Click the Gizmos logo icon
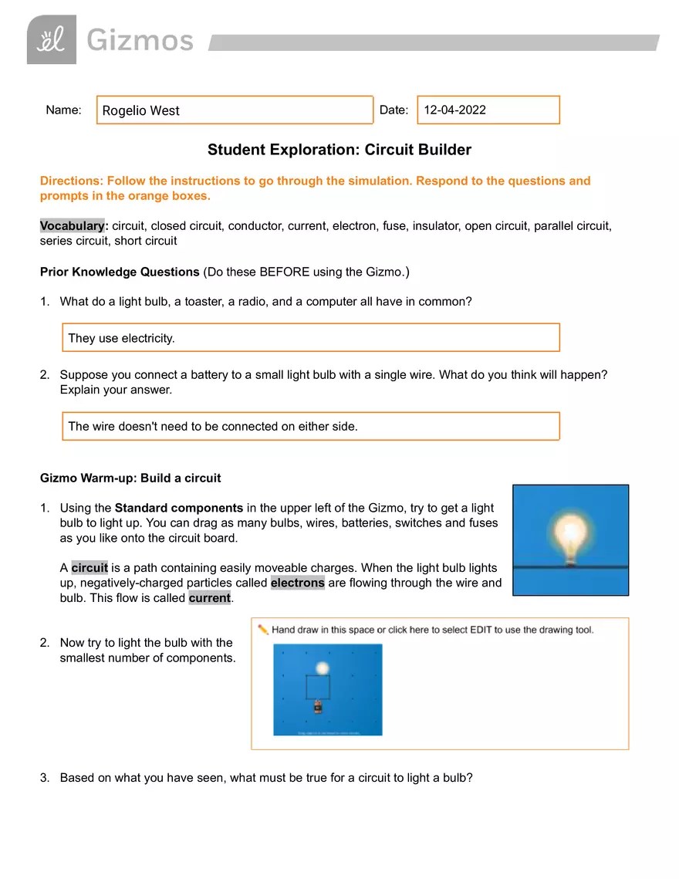tap(52, 39)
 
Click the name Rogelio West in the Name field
tap(141, 110)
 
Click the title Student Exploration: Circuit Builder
tap(339, 150)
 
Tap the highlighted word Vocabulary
tap(72, 225)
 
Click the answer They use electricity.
tap(122, 338)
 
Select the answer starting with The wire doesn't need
tap(213, 426)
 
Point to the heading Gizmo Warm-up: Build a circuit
tap(130, 478)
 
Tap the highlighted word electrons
tap(298, 583)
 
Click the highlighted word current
tap(209, 598)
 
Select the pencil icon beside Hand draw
tap(263, 630)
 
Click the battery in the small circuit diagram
tap(317, 705)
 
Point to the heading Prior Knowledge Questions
tap(120, 272)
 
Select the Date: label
tap(394, 110)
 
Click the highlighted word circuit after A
tap(90, 568)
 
